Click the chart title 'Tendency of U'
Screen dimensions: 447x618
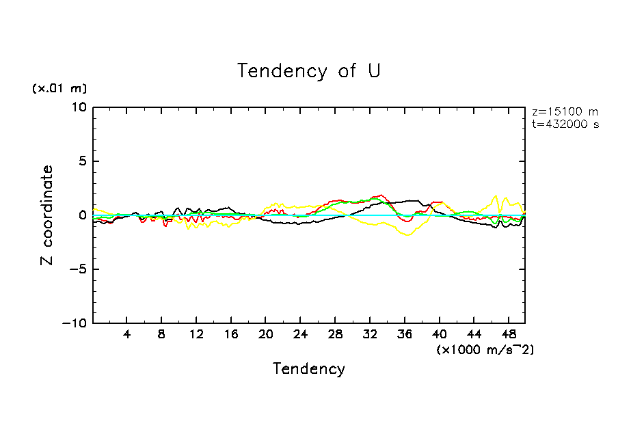[x=308, y=70]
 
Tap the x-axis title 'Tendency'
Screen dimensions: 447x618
[x=309, y=368]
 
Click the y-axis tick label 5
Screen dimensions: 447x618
[x=83, y=161]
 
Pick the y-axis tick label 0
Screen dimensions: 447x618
[x=83, y=215]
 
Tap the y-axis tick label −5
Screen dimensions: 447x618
[x=79, y=269]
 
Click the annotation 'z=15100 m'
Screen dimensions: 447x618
[x=565, y=112]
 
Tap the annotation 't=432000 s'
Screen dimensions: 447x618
[x=565, y=124]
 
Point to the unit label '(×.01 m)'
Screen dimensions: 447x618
[x=59, y=88]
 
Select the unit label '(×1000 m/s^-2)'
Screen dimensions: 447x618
[x=485, y=349]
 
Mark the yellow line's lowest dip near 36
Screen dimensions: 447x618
[x=407, y=235]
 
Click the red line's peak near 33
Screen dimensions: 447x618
[x=380, y=195]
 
